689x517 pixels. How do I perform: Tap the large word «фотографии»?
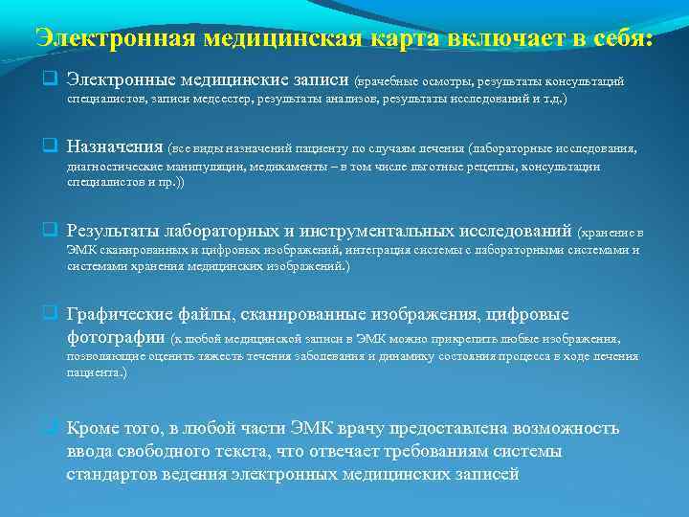(116, 337)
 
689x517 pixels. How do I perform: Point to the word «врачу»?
(346, 428)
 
